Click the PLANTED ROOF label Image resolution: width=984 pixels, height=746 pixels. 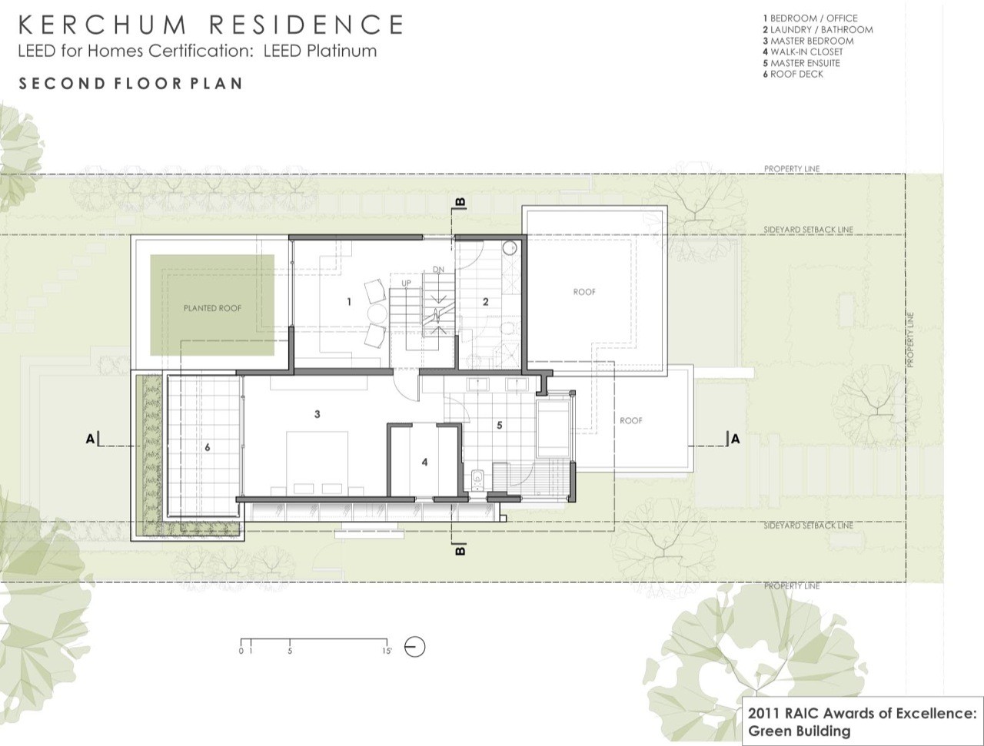pos(212,308)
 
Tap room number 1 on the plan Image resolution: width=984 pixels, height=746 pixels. pos(349,302)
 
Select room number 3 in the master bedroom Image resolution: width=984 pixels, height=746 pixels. pos(317,414)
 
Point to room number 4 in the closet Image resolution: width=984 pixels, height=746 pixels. pos(424,462)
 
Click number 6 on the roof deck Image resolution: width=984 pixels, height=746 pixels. pos(207,447)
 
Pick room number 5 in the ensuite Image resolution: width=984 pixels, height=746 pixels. pos(500,425)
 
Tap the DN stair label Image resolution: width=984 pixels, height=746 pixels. pos(438,270)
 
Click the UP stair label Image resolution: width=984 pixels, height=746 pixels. pos(406,283)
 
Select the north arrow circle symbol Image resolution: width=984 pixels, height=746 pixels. pos(414,648)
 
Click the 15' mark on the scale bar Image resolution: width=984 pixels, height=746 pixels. pos(387,651)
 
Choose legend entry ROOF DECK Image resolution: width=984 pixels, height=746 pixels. pos(793,74)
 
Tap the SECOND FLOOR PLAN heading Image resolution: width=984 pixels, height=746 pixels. pos(131,84)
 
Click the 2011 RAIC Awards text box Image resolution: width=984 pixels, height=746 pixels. pos(862,722)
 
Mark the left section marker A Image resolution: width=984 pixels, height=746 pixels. pos(91,439)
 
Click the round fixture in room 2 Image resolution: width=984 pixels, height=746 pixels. pos(510,248)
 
